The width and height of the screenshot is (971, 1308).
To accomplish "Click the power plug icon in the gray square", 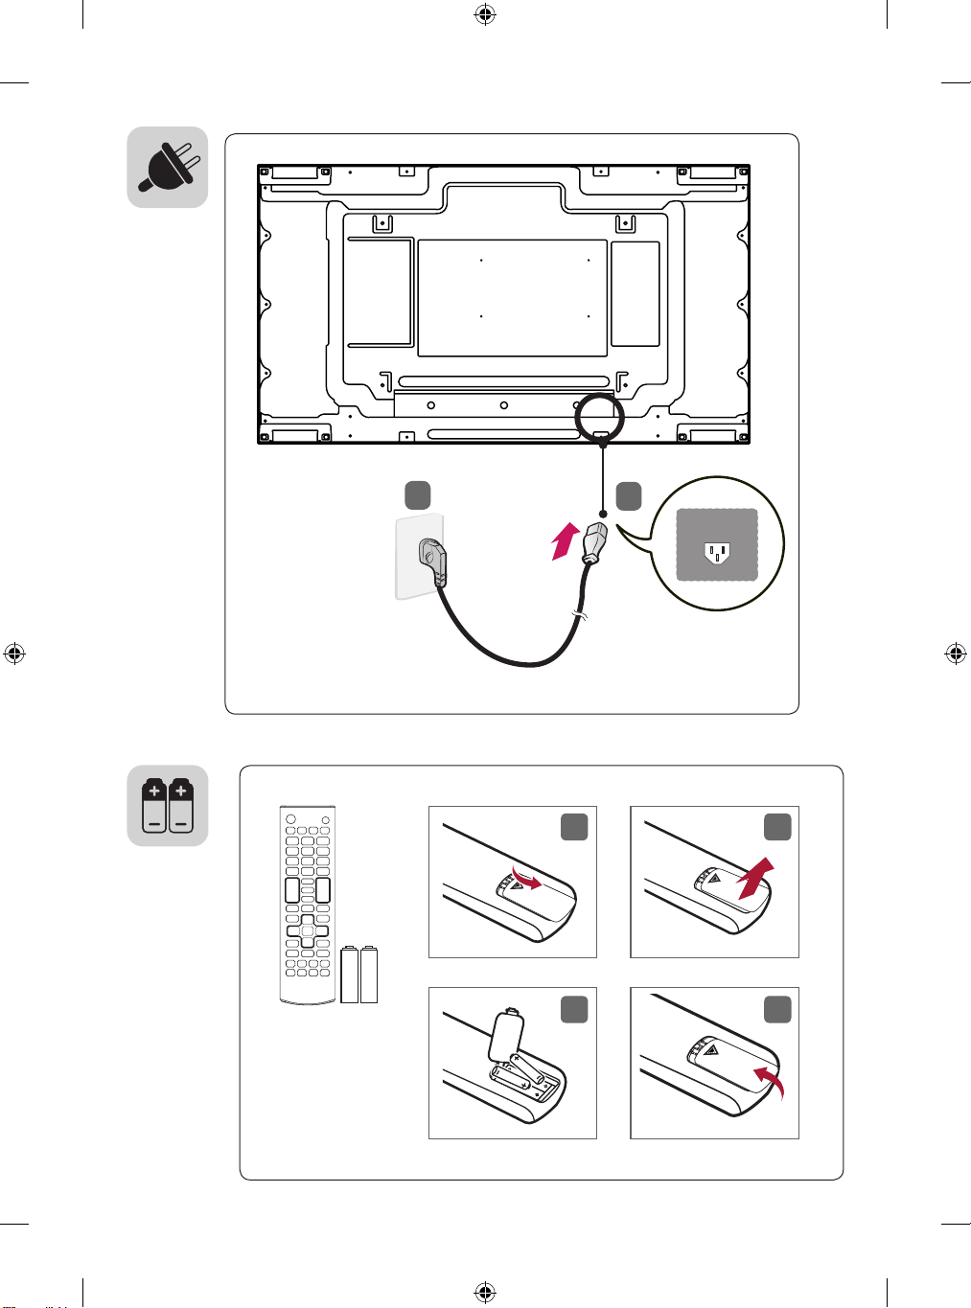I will point(168,167).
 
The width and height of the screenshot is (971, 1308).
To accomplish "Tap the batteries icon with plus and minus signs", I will point(168,806).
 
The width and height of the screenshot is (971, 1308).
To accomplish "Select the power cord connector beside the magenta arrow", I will point(594,543).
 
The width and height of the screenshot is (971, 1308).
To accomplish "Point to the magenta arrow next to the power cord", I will point(566,540).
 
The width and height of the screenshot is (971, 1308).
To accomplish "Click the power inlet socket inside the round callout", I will point(717,553).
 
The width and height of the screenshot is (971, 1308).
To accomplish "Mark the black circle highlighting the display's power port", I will point(599,417).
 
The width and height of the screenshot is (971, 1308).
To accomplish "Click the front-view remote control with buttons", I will point(307,905).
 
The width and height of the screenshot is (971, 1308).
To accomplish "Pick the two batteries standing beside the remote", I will point(359,975).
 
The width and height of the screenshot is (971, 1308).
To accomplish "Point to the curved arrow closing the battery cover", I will point(769,1082).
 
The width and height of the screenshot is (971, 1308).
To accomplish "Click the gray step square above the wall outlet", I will point(417,495).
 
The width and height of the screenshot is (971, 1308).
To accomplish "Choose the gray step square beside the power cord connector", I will point(628,495).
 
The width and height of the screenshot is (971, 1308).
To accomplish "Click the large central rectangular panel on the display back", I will point(512,298).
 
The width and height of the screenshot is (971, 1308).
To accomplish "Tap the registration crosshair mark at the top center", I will point(485,14).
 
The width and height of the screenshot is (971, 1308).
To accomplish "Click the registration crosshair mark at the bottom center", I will point(485,1294).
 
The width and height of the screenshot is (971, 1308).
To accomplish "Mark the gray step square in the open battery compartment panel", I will point(573,1009).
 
